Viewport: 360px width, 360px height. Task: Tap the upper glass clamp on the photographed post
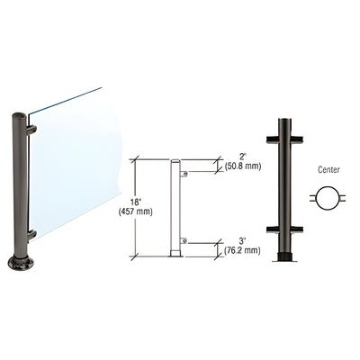[x=31, y=130]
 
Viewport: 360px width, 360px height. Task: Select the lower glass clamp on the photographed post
[x=31, y=235]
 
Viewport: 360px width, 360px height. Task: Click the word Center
[x=322, y=167]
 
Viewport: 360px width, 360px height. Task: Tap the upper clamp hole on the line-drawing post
[x=183, y=171]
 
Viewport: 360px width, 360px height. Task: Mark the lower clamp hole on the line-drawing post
[x=183, y=240]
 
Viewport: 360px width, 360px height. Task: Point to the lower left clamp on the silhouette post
[x=273, y=226]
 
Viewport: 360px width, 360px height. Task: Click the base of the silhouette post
[x=284, y=261]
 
